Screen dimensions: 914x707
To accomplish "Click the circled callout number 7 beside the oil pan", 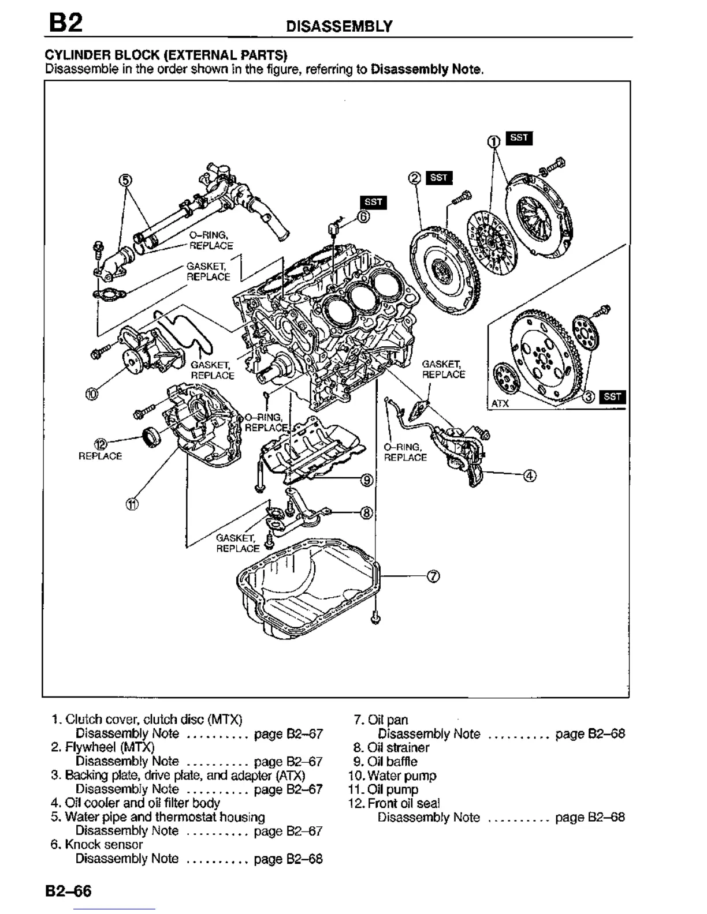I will tap(433, 576).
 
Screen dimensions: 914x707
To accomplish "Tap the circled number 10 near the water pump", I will tap(92, 394).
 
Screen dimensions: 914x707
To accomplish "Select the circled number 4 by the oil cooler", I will tap(530, 475).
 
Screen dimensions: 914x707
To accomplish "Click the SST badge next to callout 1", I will tap(519, 138).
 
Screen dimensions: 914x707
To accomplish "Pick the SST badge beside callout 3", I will tap(612, 396).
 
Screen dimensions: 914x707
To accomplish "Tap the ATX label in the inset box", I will tap(500, 403).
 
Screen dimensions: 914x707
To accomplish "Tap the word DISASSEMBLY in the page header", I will tap(340, 26).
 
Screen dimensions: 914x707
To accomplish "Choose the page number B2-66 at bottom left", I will tap(69, 891).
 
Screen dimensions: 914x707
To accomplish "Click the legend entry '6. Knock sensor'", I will tap(97, 845).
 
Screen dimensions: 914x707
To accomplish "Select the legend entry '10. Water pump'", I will tap(393, 776).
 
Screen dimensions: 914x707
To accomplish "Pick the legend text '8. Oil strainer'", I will tap(392, 748).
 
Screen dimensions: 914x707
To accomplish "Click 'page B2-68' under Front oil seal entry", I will tap(590, 817).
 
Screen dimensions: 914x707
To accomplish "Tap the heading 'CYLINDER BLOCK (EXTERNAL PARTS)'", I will tap(166, 55).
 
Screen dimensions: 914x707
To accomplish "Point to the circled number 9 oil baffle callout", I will tap(367, 480).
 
